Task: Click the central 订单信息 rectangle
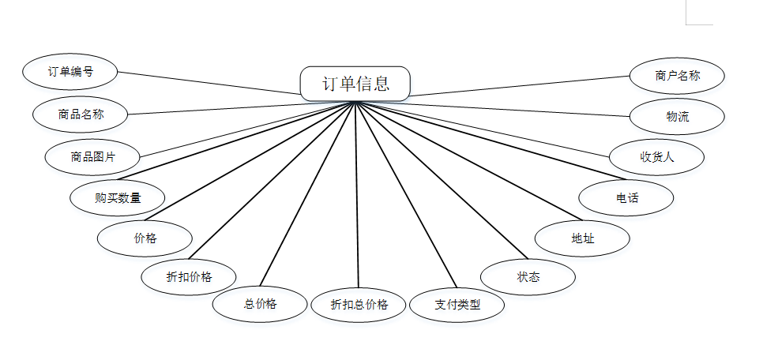355,84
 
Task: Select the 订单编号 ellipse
70,72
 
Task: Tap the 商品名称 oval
81,114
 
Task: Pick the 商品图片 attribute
92,156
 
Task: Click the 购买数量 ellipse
117,197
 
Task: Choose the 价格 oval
145,238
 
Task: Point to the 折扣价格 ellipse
189,277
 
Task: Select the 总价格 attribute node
260,304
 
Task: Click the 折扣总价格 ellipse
359,305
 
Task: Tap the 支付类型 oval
457,304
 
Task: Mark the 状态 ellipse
528,276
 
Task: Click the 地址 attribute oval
582,238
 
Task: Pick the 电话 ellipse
626,197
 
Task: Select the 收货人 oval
656,156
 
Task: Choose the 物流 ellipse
677,116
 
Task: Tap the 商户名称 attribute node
677,76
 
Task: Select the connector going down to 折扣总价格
357,197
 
